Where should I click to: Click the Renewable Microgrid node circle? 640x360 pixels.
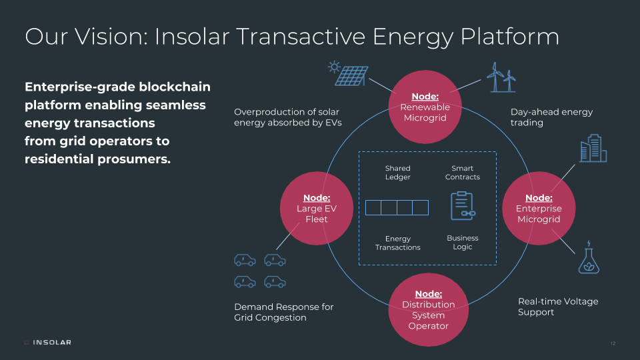coord(425,107)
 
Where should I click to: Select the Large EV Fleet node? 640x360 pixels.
coord(316,208)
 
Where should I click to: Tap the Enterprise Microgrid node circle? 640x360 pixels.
coord(539,208)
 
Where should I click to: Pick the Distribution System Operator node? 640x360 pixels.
coord(428,309)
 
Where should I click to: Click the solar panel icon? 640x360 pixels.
coord(348,73)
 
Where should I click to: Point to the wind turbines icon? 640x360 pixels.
coord(501,77)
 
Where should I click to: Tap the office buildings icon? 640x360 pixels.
coord(593,148)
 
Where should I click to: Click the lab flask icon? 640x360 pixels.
coord(589,257)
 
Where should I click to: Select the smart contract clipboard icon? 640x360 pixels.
coord(463,206)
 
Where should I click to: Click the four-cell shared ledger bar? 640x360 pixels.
coord(397,207)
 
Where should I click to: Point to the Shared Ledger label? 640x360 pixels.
coord(397,172)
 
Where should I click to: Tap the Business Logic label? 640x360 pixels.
coord(463,242)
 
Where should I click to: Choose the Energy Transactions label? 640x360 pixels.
coord(397,243)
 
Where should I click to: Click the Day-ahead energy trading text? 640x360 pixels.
coord(551,117)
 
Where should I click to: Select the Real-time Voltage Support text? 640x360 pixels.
coord(558,307)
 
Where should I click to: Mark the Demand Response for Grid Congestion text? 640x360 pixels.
coord(284,312)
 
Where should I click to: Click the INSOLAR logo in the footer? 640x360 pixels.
coord(48,342)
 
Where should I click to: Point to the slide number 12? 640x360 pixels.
coord(613,343)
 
